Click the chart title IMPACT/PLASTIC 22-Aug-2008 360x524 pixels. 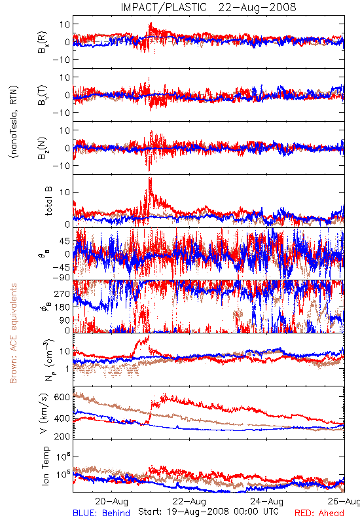click(208, 7)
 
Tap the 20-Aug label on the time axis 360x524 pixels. click(111, 501)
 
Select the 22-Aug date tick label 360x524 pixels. click(189, 501)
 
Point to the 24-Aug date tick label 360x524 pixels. click(267, 501)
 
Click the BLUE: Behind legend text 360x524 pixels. click(101, 513)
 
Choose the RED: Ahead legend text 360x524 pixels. click(319, 513)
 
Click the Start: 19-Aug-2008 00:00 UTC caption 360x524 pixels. click(208, 512)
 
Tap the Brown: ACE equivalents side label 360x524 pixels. click(13, 333)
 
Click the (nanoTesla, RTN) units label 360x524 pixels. click(14, 122)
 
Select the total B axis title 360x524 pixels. click(48, 201)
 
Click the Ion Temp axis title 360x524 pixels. click(45, 466)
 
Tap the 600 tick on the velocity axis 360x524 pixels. click(62, 397)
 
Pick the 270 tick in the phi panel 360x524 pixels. click(62, 293)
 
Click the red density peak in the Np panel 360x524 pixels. click(148, 337)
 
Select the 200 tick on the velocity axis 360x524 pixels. click(62, 436)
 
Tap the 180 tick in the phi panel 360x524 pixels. click(62, 307)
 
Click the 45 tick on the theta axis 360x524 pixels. click(65, 241)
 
